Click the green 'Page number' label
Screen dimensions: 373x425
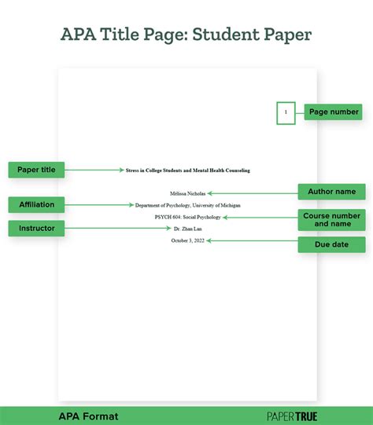(x=334, y=112)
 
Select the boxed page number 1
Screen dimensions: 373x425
(x=286, y=113)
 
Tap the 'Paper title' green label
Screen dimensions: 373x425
(x=36, y=169)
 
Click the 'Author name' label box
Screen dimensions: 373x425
(x=331, y=192)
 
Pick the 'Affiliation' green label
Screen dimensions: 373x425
(x=36, y=204)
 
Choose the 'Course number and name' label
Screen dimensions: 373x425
(x=331, y=219)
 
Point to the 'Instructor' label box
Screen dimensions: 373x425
(x=36, y=229)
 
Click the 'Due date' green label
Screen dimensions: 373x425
(x=331, y=244)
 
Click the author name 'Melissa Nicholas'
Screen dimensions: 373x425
(x=187, y=192)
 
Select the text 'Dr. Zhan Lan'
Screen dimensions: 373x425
(x=187, y=229)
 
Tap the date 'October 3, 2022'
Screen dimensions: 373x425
(x=187, y=240)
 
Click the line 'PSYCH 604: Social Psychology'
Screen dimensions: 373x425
(x=187, y=217)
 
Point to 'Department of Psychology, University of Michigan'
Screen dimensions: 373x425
(x=187, y=204)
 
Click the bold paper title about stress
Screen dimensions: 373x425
(x=187, y=170)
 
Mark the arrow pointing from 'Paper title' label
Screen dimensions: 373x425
(x=94, y=169)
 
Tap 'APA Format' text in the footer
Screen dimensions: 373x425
(x=88, y=416)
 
